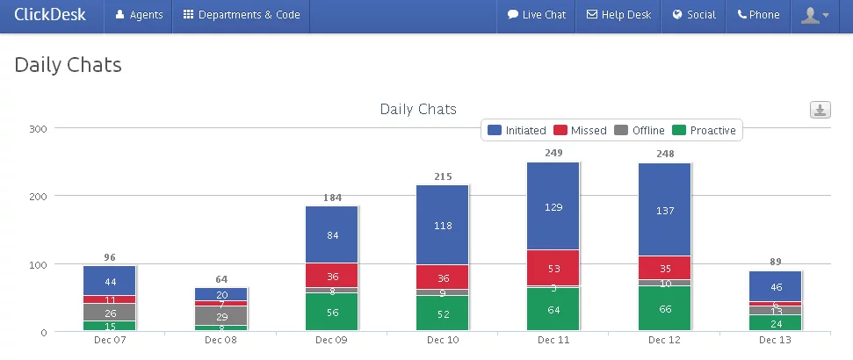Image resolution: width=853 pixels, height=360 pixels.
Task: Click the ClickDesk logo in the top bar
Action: click(50, 15)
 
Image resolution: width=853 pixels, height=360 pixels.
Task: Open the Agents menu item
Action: click(139, 15)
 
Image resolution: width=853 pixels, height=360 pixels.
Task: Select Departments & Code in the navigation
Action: click(242, 15)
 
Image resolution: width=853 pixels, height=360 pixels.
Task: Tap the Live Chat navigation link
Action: click(537, 15)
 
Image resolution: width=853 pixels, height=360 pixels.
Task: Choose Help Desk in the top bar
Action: click(618, 15)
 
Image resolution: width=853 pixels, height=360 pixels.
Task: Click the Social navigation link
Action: click(694, 15)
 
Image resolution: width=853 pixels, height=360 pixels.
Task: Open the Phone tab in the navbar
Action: click(758, 15)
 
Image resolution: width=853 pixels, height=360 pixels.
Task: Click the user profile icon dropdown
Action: click(815, 15)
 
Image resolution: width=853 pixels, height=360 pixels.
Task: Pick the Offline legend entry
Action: click(640, 131)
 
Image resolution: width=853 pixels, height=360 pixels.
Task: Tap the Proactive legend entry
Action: click(704, 131)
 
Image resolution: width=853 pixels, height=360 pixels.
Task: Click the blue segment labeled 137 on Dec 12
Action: click(665, 210)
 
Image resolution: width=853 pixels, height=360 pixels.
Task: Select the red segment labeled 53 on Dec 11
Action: click(553, 268)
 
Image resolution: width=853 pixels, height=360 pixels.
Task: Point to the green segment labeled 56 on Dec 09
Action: click(331, 312)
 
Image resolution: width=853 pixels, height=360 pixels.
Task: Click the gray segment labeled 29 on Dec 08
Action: click(220, 315)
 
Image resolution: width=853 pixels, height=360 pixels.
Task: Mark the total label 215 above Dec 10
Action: click(443, 176)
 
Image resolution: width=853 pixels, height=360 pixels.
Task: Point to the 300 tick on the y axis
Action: click(39, 128)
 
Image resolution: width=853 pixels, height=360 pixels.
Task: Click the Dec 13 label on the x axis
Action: click(776, 340)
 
